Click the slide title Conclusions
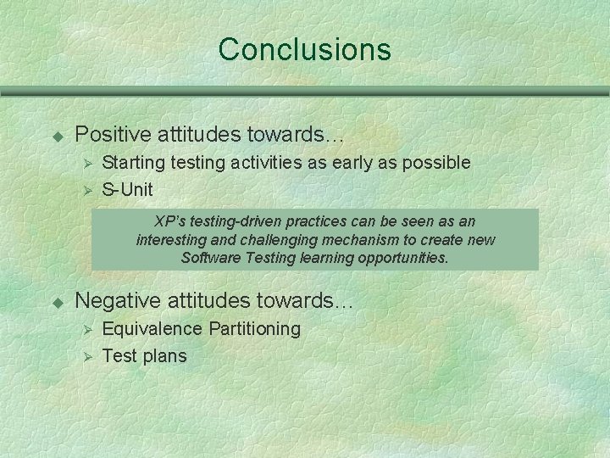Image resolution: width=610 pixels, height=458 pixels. [304, 49]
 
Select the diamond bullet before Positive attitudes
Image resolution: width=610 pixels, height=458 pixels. [58, 135]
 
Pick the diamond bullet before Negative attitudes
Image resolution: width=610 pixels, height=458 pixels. [58, 301]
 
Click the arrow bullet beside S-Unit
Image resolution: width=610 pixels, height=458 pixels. [84, 189]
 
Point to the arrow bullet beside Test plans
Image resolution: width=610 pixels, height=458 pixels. [84, 356]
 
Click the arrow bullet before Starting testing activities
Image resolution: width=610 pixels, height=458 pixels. [84, 162]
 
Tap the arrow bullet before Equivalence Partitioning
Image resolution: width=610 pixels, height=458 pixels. [84, 329]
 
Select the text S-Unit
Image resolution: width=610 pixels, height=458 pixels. [127, 188]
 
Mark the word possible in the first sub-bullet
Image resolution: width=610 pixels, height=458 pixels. [437, 161]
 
